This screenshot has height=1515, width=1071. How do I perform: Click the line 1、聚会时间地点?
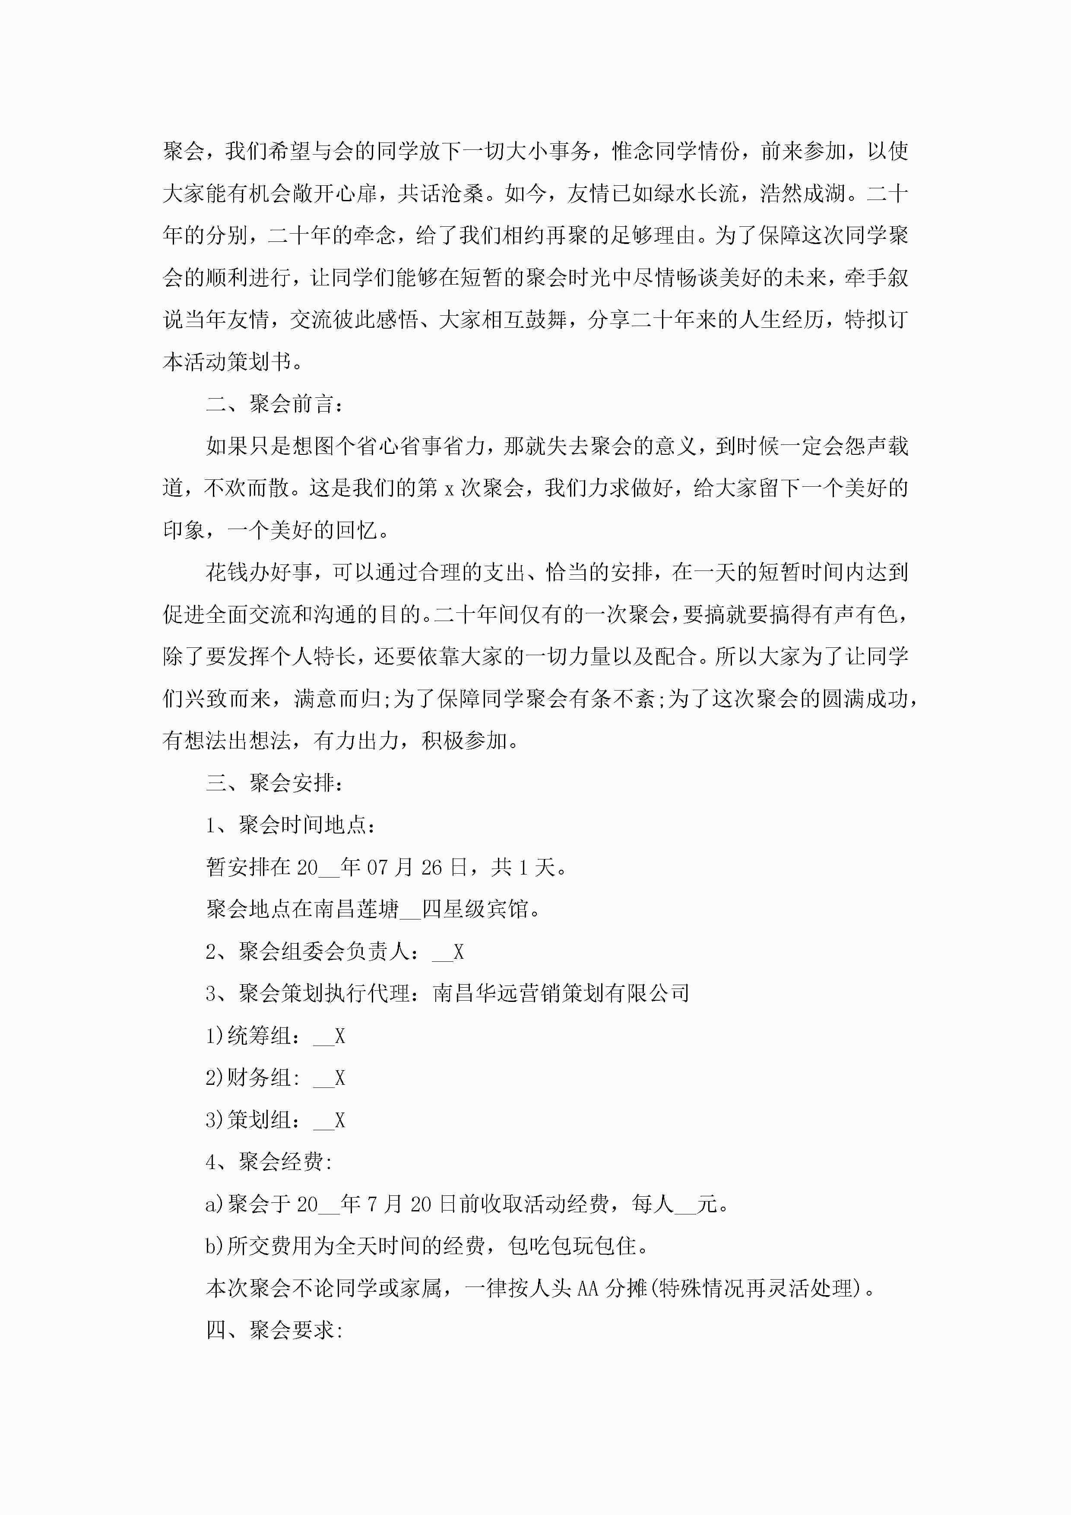click(290, 825)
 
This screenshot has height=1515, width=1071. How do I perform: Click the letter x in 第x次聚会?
click(449, 489)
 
